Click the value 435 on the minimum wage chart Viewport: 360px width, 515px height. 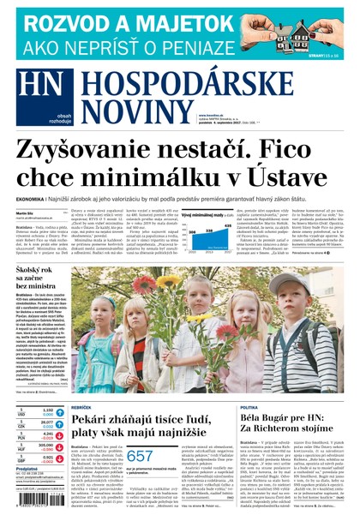pos(226,227)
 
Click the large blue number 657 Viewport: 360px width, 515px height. pos(141,458)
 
